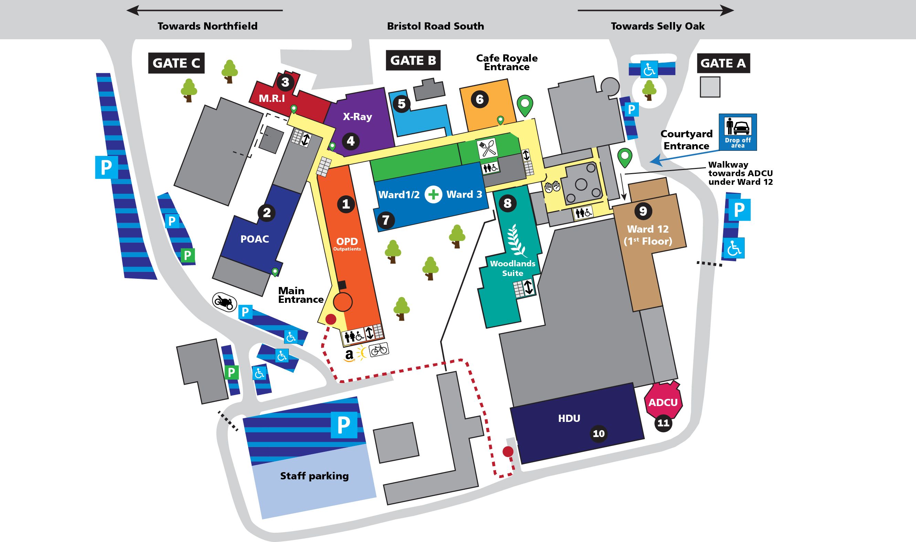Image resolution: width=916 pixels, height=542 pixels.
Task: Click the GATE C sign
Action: (176, 63)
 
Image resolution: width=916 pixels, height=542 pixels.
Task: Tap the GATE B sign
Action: (413, 60)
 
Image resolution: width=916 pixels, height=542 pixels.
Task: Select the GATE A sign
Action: (723, 63)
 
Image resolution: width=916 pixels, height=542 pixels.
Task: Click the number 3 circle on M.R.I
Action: (285, 82)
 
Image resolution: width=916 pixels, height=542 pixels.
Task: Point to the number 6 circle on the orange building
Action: (480, 99)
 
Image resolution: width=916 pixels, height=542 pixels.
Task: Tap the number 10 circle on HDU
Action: (599, 434)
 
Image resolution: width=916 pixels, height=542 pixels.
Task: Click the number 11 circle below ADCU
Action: (663, 423)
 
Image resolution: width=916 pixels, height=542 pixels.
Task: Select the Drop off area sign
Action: (738, 132)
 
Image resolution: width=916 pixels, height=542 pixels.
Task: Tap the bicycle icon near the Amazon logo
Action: (379, 350)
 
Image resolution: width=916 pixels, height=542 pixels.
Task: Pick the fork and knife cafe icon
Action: (487, 149)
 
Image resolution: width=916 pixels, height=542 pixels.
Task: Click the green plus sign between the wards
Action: (433, 194)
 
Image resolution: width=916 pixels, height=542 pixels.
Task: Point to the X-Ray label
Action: (357, 117)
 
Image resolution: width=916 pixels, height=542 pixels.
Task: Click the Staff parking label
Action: (315, 476)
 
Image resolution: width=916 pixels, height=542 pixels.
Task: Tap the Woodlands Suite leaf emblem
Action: (517, 241)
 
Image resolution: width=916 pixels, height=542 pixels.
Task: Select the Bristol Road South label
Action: (435, 26)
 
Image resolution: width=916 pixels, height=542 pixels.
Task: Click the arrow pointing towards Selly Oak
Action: (656, 10)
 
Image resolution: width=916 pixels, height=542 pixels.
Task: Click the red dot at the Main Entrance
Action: (330, 319)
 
